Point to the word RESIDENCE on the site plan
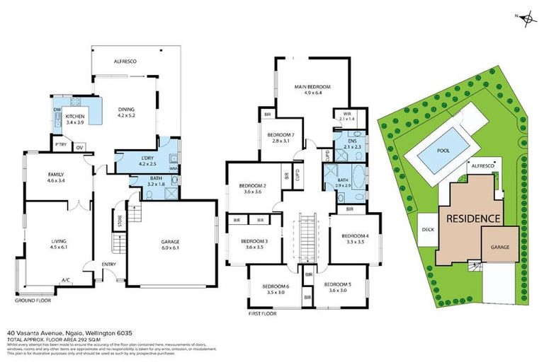[x=473, y=218]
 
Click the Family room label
[x=55, y=177]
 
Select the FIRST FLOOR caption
[x=263, y=313]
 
